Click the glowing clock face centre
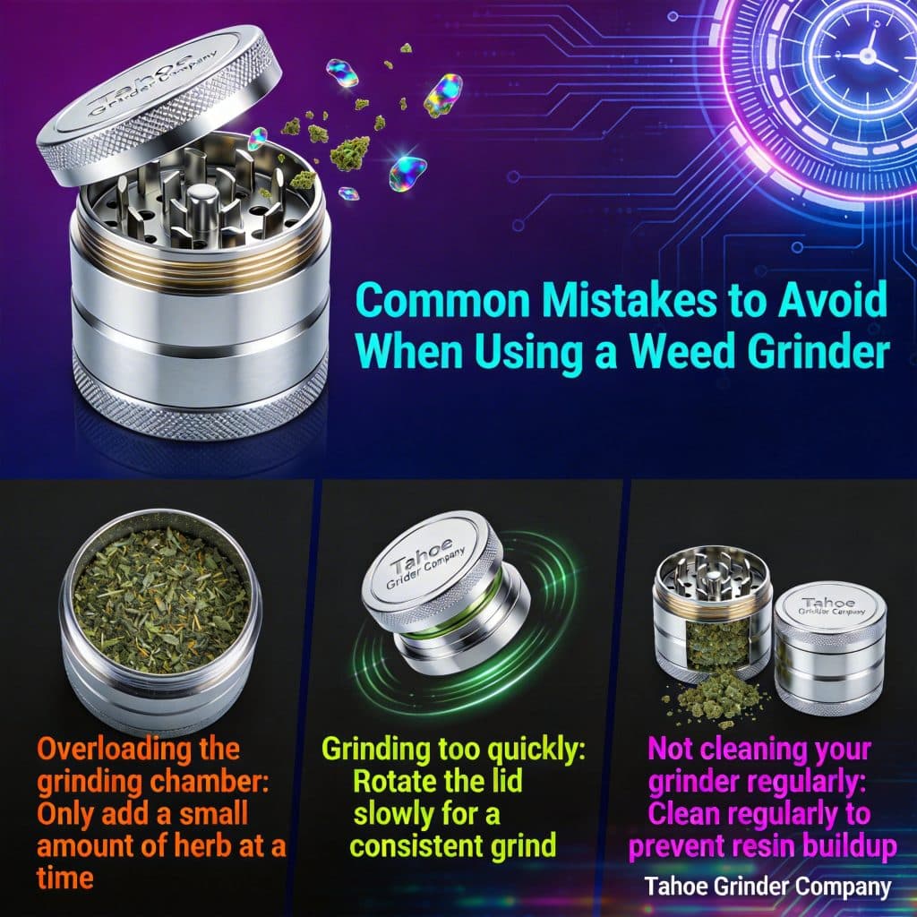868,56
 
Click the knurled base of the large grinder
199,404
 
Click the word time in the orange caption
64,878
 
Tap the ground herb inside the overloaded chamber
162,599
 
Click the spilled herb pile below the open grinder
716,698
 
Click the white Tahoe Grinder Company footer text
767,887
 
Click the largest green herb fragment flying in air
350,152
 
